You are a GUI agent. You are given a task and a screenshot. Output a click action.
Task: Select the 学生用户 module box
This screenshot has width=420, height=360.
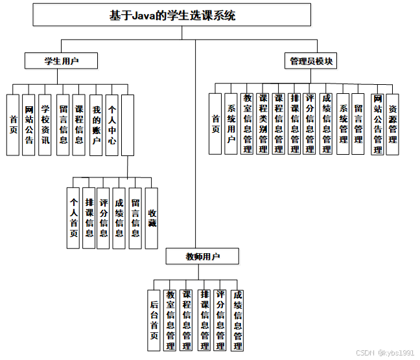62,61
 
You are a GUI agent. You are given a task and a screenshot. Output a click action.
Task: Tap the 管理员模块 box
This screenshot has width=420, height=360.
311,61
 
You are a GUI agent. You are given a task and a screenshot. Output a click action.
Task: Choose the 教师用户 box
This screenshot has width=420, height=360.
202,256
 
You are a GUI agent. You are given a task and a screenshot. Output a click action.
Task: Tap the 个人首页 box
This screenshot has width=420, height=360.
74,218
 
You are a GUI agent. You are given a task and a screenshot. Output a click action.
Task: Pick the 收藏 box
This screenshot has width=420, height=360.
152,218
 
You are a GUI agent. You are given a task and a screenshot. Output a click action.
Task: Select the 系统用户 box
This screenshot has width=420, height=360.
231,123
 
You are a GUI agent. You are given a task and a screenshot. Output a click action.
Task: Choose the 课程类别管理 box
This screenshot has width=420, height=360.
262,123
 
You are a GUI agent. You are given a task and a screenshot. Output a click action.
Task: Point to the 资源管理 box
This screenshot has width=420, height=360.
393,123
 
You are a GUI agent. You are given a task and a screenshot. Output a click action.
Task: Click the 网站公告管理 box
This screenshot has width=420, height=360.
377,123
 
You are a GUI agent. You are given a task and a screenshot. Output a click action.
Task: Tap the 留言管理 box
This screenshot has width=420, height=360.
358,123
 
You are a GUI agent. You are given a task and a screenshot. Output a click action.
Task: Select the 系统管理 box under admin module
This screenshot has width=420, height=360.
344,123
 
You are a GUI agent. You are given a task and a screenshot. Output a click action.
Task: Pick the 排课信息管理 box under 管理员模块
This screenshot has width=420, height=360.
294,123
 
